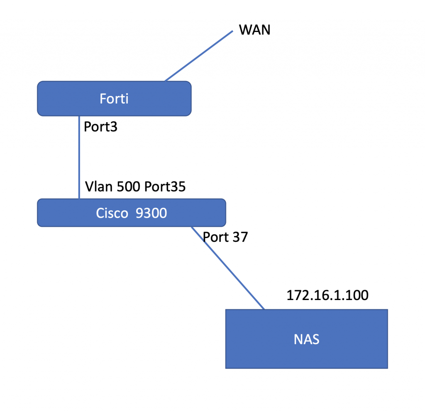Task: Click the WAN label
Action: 254,30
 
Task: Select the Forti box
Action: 114,98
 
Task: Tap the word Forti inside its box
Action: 114,98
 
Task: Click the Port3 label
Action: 100,127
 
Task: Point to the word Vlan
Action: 99,187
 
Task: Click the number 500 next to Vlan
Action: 129,187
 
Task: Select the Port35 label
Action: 165,187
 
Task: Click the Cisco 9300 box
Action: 132,212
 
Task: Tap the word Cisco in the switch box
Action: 112,213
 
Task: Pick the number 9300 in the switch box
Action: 151,213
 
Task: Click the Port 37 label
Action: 225,237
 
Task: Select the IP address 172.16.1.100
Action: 327,295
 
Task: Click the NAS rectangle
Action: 307,339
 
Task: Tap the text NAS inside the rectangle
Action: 307,340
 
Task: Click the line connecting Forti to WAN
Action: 199,56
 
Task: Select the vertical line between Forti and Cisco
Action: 79,158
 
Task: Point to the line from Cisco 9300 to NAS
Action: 228,268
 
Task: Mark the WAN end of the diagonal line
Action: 232,31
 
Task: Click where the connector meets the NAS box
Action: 264,309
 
